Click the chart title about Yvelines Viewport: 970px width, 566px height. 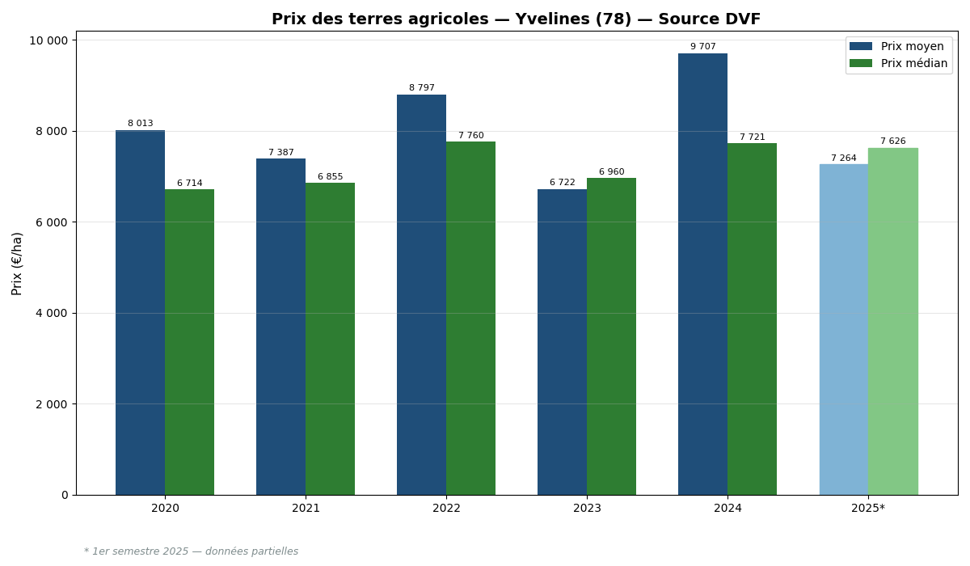[x=516, y=19]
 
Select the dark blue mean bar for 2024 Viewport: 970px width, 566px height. [x=702, y=274]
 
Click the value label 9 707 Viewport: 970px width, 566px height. [x=702, y=47]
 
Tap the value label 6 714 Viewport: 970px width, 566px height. [x=189, y=184]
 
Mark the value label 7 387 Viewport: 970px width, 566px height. [x=280, y=153]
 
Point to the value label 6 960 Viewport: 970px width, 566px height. [x=611, y=172]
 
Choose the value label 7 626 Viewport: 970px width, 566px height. [x=892, y=141]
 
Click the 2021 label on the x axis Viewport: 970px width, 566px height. [x=306, y=509]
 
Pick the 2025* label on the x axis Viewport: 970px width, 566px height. [x=868, y=509]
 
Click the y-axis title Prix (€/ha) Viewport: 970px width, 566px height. [x=17, y=263]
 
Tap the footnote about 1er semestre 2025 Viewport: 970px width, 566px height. [x=191, y=551]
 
